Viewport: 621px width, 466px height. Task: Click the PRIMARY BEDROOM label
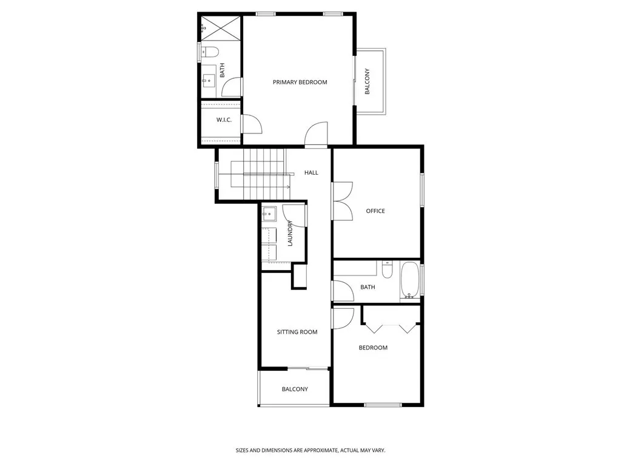(x=300, y=83)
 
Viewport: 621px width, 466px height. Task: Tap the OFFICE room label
(x=375, y=211)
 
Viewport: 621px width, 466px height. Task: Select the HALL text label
(x=311, y=173)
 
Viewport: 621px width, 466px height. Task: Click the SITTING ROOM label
(x=297, y=332)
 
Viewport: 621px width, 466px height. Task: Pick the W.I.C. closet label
(x=224, y=120)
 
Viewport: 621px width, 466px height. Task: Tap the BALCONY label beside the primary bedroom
(x=368, y=81)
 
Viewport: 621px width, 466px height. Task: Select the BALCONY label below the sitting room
(x=295, y=389)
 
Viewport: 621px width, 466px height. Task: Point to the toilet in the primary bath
(x=210, y=52)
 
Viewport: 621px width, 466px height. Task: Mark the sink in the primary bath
(x=209, y=79)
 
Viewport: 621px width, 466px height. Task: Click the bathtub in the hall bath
(x=410, y=280)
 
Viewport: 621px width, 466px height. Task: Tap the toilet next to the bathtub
(x=388, y=268)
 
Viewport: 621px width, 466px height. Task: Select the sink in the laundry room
(x=269, y=213)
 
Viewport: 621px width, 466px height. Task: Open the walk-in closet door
(x=251, y=124)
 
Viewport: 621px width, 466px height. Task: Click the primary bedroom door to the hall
(x=317, y=135)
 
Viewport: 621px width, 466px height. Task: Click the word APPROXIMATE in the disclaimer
(x=318, y=450)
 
